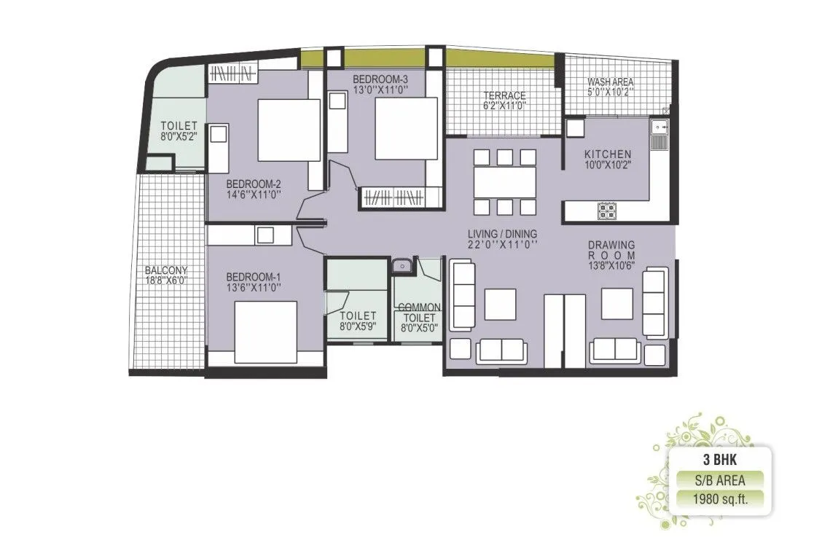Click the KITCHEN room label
(608, 154)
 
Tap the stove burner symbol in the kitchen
(606, 211)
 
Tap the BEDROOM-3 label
(379, 79)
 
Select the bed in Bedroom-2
(289, 130)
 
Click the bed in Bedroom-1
(265, 332)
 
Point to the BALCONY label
(166, 270)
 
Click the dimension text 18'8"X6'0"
(166, 280)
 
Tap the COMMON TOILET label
(418, 313)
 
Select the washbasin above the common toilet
(400, 267)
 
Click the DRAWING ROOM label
(612, 251)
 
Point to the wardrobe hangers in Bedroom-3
(394, 197)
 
